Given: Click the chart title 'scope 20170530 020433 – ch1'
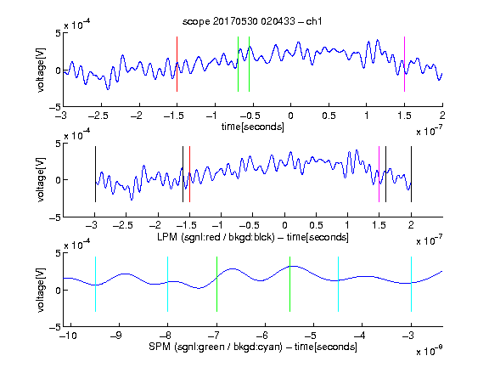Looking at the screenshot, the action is click(x=252, y=21).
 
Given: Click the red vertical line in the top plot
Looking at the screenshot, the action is click(x=177, y=64).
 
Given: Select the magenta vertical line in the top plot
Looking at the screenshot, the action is click(x=404, y=64).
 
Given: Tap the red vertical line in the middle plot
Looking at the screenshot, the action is click(x=189, y=174).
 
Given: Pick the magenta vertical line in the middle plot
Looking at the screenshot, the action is click(x=379, y=174).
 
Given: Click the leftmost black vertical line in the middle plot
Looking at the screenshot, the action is click(x=95, y=174).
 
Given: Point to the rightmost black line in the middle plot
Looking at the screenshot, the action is click(x=411, y=174).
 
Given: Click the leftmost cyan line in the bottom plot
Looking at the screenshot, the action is click(x=95, y=284).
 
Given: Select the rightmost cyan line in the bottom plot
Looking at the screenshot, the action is click(x=411, y=284).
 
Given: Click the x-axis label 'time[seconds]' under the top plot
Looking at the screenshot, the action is click(x=253, y=127).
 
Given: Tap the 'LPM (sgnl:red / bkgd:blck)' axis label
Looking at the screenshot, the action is click(x=216, y=237).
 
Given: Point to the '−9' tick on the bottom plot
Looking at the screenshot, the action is click(x=117, y=336).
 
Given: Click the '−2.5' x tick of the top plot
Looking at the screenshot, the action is click(x=98, y=116).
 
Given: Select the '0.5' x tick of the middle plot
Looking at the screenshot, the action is click(x=316, y=225).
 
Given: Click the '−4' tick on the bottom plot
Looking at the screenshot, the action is click(x=360, y=336).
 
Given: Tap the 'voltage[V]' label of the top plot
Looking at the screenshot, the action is click(x=41, y=70).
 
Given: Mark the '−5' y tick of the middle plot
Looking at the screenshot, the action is click(x=55, y=217).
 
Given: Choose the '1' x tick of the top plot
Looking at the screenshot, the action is click(x=367, y=116).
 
